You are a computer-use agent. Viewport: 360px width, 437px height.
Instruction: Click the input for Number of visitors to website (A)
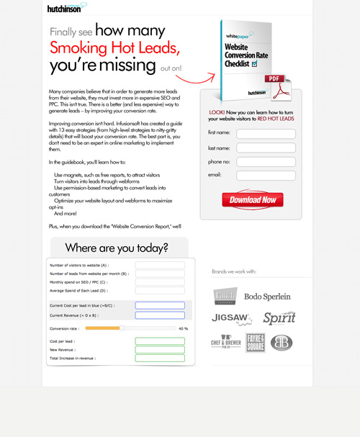point(160,265)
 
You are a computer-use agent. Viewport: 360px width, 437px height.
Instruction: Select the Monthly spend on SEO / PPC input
point(160,281)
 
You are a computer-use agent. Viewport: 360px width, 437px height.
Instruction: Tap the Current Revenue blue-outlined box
point(160,315)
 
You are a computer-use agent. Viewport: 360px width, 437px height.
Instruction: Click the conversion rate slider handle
point(122,328)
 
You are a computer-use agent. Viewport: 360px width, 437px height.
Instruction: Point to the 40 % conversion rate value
point(183,328)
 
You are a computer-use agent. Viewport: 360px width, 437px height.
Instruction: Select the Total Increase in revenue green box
point(160,357)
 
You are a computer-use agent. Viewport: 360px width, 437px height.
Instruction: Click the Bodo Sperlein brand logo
point(267,297)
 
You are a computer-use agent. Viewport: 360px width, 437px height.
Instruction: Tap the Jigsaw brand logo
point(231,317)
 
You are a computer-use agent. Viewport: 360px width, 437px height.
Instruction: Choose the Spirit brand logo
point(279,317)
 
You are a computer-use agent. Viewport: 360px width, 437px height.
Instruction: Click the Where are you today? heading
point(117,248)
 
